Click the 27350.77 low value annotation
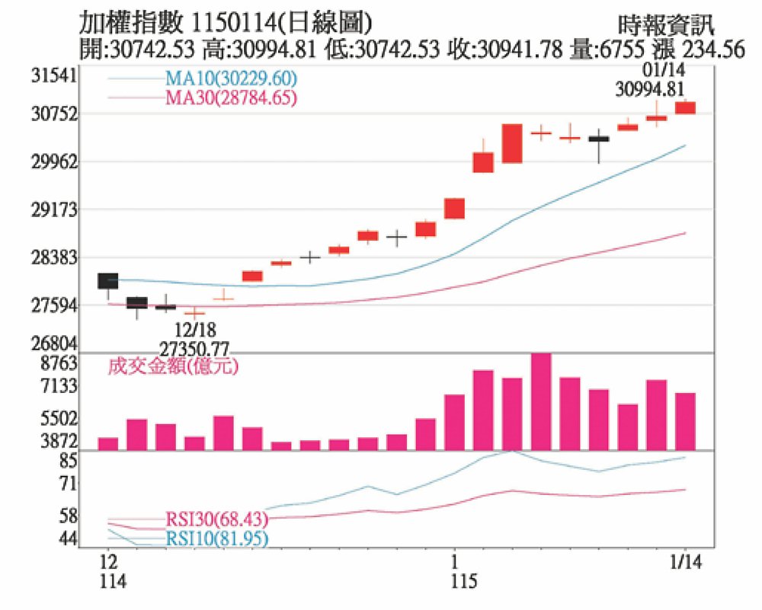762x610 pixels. click(x=194, y=348)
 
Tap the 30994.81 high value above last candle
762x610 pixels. click(x=650, y=89)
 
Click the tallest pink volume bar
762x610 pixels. click(x=541, y=401)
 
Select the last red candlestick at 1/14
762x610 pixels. click(x=686, y=107)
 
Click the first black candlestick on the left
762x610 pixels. click(x=108, y=280)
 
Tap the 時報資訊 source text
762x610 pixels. click(x=667, y=25)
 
